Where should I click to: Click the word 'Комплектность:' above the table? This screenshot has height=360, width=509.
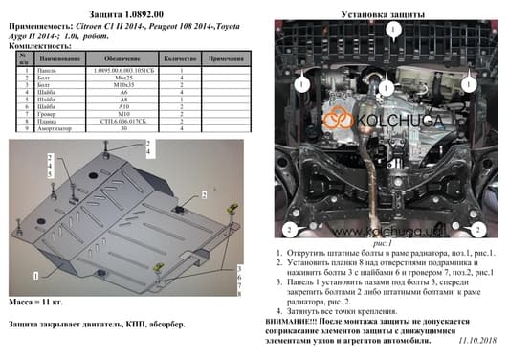click(x=36, y=46)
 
